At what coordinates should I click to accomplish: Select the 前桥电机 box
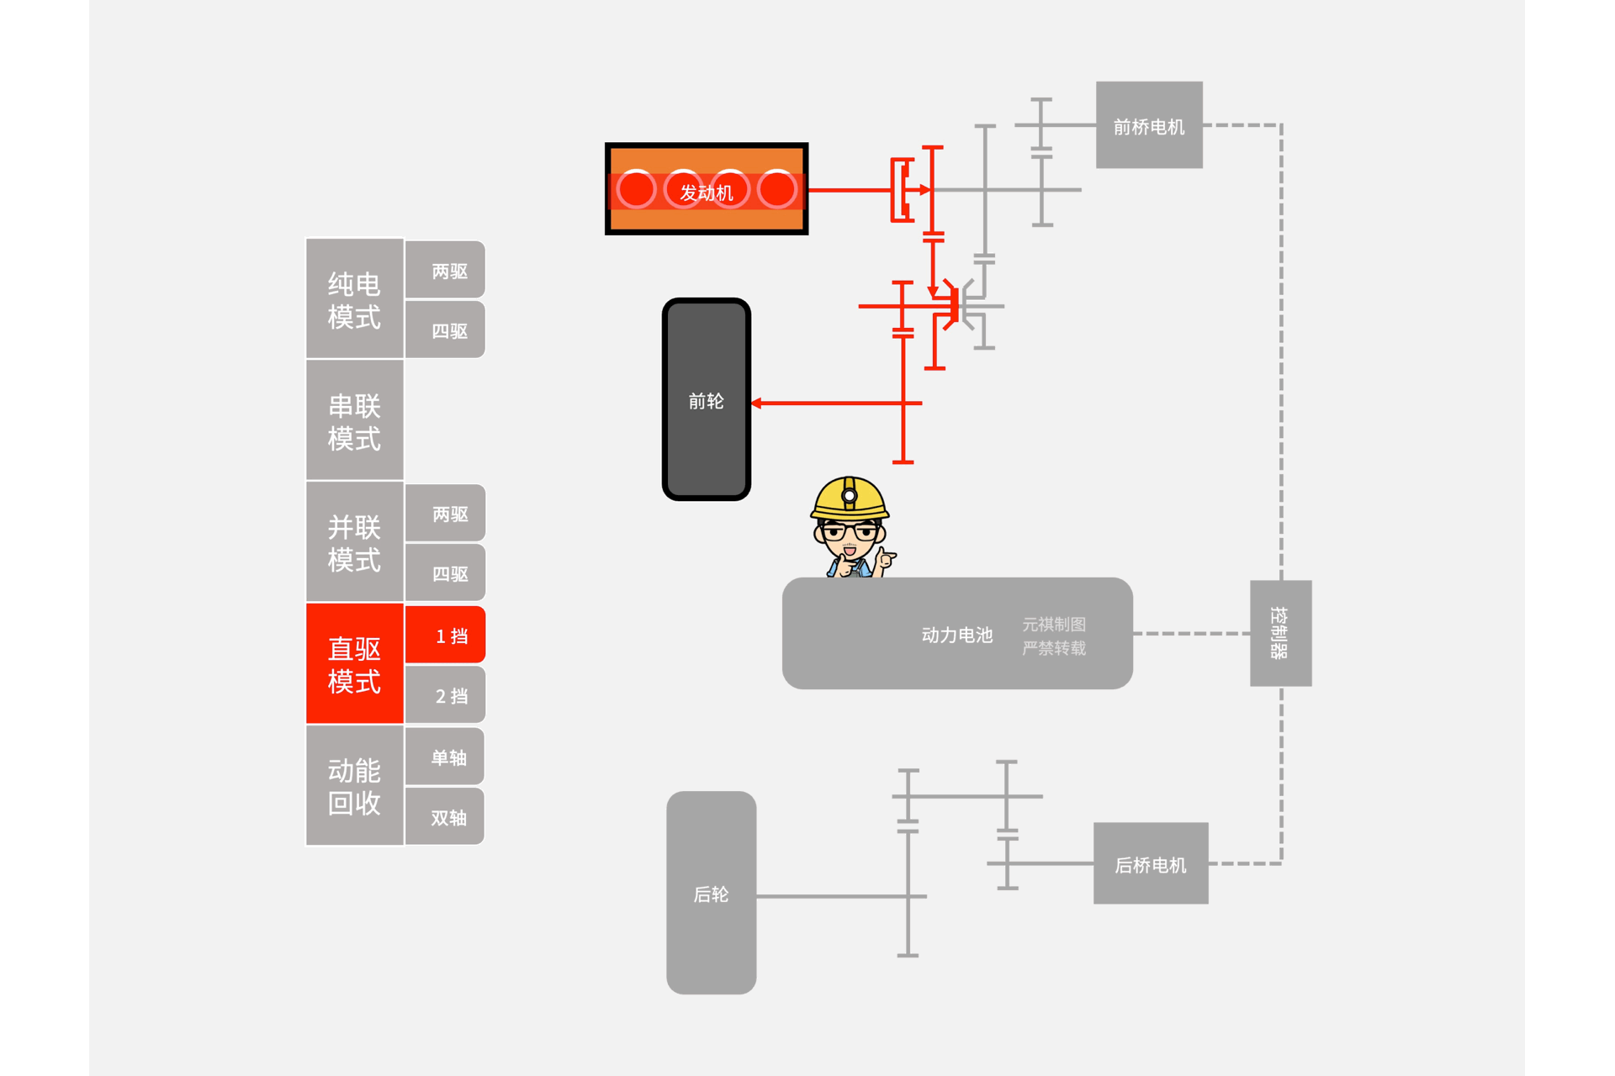tap(1148, 125)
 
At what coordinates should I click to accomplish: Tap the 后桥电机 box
tap(1150, 863)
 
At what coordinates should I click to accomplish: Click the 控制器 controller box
tap(1279, 633)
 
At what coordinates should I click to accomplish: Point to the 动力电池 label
tap(956, 635)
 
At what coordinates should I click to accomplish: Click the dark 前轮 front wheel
tap(706, 400)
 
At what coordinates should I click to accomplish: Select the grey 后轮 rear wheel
tap(711, 893)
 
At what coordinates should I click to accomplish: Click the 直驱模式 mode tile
tap(354, 664)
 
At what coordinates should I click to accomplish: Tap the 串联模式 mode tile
tap(354, 420)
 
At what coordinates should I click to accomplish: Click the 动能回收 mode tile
tap(354, 786)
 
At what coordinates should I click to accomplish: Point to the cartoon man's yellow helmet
tap(850, 498)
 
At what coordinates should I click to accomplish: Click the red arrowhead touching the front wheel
tap(756, 403)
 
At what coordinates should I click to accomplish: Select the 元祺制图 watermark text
tap(1053, 624)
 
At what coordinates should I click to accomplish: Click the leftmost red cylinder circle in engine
tap(636, 190)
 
